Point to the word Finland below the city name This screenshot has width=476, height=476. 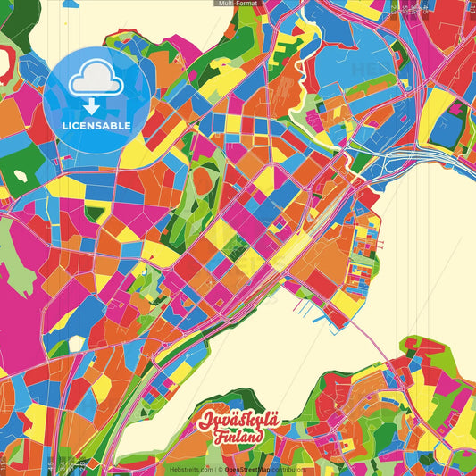pyautogui.click(x=238, y=438)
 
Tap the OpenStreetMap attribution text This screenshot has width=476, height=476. pyautogui.click(x=247, y=469)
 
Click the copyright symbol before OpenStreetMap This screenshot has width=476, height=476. pyautogui.click(x=220, y=469)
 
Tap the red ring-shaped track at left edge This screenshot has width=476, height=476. pyautogui.click(x=7, y=67)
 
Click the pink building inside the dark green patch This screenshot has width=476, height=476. pyautogui.click(x=456, y=108)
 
